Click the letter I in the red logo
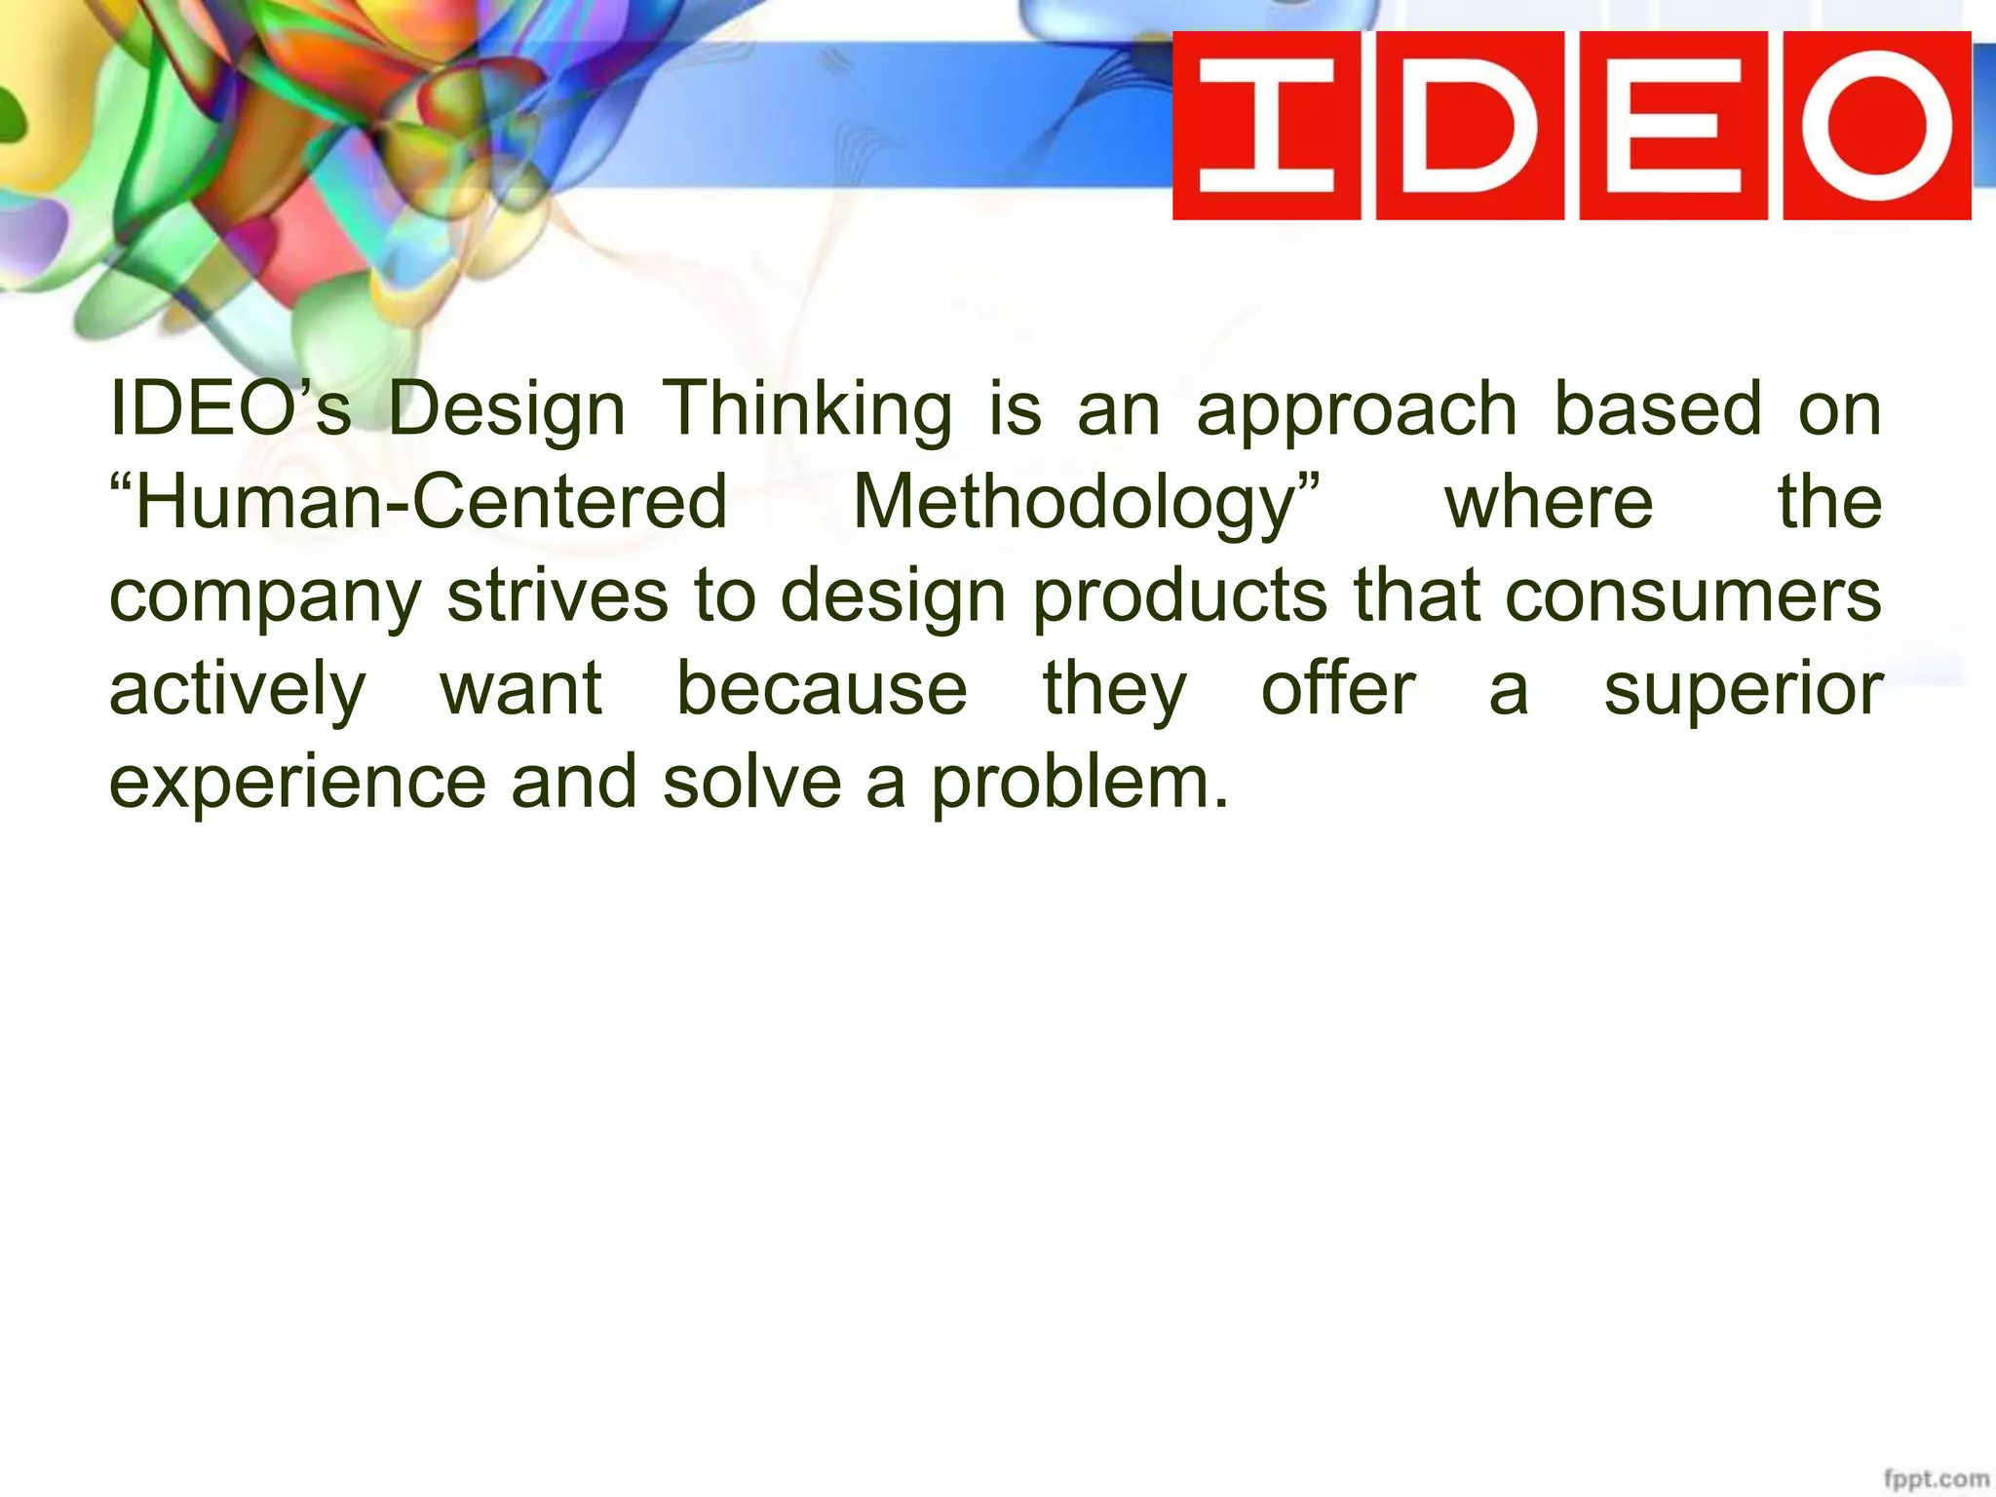(1265, 126)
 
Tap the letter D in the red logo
(1469, 126)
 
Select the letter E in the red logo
(1672, 126)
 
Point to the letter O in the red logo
(1877, 126)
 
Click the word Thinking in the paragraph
(807, 409)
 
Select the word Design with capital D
(507, 409)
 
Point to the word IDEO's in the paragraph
(230, 409)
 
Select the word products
(1179, 596)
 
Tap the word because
(822, 688)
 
